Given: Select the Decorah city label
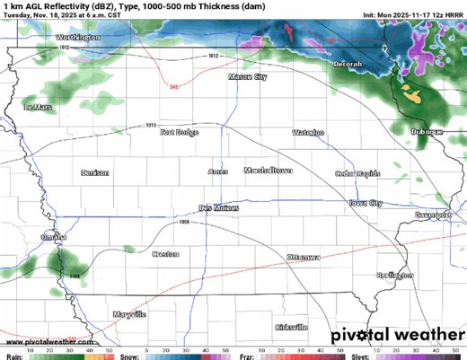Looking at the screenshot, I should [346, 65].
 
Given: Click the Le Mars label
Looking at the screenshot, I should [39, 107].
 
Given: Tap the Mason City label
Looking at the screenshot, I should [248, 78].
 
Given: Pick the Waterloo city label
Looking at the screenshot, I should [308, 133].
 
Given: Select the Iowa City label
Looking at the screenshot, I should [366, 204].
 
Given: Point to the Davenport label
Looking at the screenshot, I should [432, 216].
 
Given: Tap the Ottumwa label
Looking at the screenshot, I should [304, 258].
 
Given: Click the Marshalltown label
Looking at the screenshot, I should [269, 170].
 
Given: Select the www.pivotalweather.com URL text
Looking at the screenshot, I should [43, 342].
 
